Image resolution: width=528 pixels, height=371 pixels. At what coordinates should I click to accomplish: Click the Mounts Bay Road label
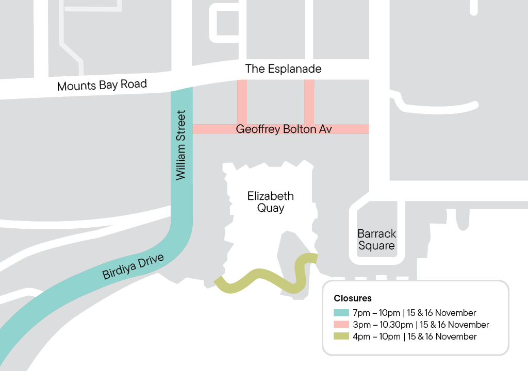tap(102, 85)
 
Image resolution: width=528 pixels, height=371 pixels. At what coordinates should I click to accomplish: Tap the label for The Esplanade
tap(283, 69)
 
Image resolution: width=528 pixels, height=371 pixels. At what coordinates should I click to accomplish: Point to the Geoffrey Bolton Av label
tap(283, 129)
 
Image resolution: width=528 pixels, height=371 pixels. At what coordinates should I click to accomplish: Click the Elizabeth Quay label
tap(270, 202)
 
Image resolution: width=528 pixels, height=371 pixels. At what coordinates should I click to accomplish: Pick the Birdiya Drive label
tap(133, 266)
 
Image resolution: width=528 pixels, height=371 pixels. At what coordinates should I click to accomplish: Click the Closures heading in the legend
tap(352, 298)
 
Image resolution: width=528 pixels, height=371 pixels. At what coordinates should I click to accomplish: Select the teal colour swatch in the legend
tap(341, 313)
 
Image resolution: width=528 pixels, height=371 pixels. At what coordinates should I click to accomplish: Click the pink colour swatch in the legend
tap(341, 325)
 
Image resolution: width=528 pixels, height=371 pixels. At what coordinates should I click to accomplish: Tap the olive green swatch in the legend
tap(341, 336)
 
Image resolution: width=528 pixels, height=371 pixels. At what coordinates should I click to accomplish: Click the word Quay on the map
tap(270, 208)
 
